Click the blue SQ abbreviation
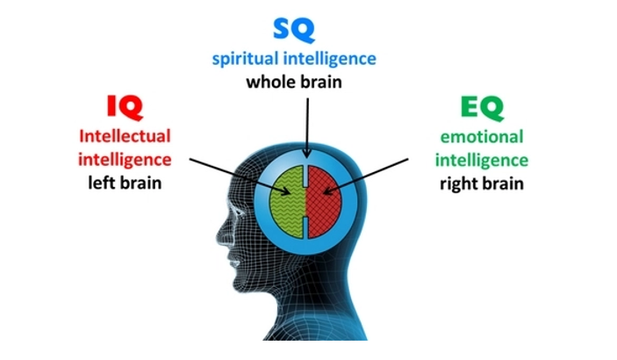click(294, 30)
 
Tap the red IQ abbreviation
click(125, 107)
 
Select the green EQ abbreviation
click(482, 108)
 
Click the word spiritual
click(245, 60)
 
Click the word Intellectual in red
click(125, 136)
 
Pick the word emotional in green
click(482, 137)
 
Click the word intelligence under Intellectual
click(125, 161)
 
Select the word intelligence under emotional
click(482, 161)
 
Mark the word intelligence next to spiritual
click(330, 60)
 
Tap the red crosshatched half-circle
click(325, 202)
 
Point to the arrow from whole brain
click(307, 128)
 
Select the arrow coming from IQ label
click(240, 176)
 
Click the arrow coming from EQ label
click(366, 176)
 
